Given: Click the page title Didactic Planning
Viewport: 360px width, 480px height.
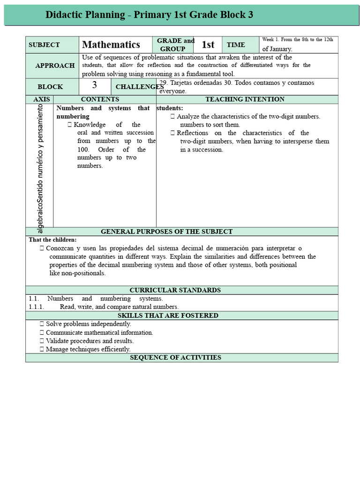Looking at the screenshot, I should tap(149, 15).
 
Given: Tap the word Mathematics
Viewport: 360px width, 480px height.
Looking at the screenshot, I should tap(111, 45).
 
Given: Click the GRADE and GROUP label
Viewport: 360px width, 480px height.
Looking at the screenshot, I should tap(175, 45).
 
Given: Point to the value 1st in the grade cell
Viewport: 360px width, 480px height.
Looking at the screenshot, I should tap(208, 45).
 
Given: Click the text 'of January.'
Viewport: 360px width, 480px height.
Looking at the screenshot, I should tap(277, 49).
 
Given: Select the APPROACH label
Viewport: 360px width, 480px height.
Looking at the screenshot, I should tap(55, 66).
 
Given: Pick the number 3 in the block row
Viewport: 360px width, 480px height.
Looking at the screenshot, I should tap(95, 85).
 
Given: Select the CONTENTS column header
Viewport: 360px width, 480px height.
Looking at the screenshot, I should tap(100, 99).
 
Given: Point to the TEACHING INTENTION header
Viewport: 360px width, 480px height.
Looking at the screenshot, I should tap(245, 99).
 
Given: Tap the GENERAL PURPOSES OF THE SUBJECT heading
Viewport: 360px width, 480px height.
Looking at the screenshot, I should tap(166, 232).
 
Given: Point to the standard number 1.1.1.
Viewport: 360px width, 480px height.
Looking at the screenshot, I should tap(36, 307).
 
